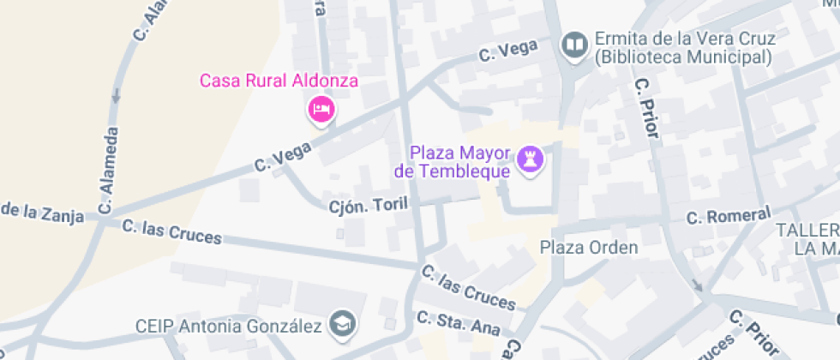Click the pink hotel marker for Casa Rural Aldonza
(x=321, y=110)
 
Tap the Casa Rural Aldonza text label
(x=279, y=81)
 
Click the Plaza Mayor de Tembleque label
(x=453, y=162)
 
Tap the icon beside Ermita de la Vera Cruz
(x=573, y=43)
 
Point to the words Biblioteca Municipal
(x=683, y=58)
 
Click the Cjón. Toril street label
(x=369, y=205)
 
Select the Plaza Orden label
(x=589, y=248)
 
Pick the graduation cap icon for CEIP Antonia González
(x=345, y=324)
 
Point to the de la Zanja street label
(x=43, y=213)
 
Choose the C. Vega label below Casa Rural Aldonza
(x=285, y=156)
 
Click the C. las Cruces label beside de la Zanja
(x=171, y=231)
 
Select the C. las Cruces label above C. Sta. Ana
(x=468, y=287)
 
